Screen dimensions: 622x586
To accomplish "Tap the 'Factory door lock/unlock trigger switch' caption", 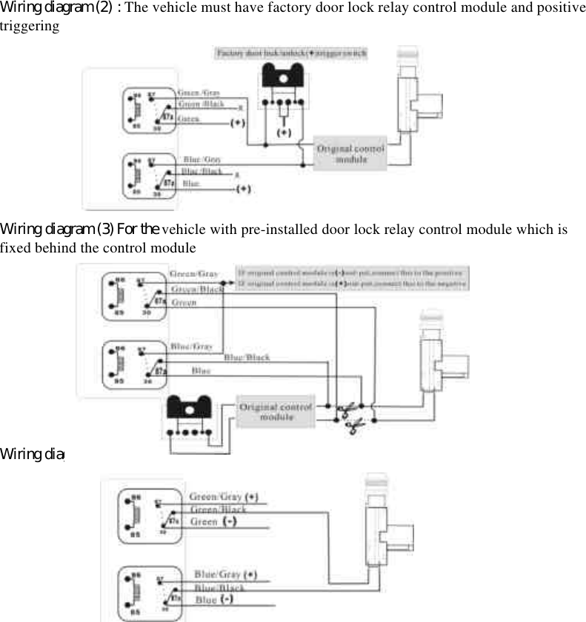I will point(292,53).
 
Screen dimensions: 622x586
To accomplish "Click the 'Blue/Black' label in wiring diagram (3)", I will point(247,357).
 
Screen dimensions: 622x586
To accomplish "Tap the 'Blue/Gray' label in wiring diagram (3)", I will point(192,346).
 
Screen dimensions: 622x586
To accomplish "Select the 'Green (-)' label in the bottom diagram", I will point(213,521).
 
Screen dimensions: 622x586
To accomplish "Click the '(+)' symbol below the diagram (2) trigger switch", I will point(283,133).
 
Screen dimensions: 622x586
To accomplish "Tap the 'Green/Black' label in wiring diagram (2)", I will point(202,104).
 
